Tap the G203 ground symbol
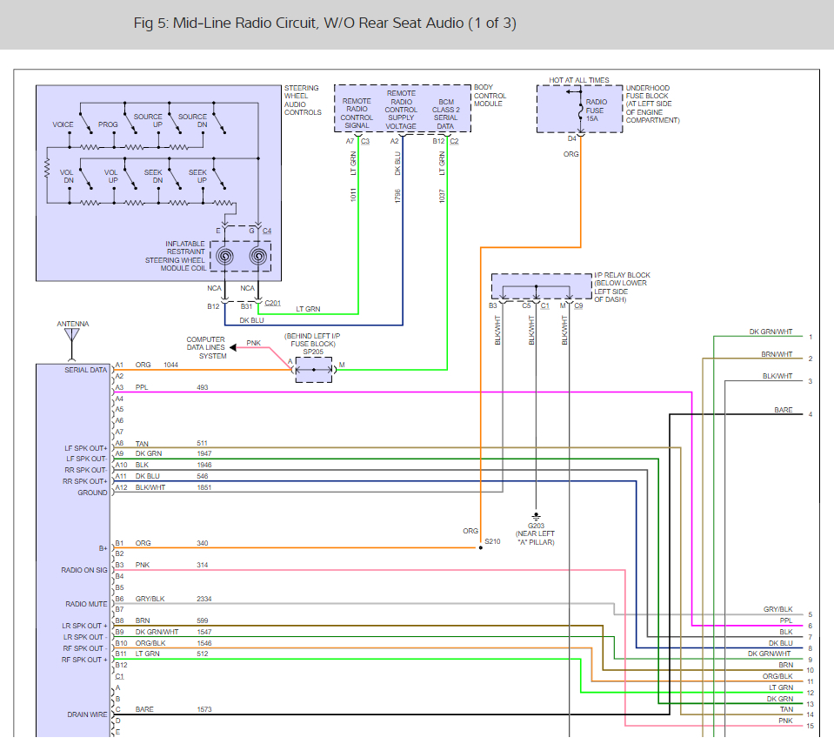coord(536,516)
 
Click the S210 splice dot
coord(481,547)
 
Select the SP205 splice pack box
coord(314,369)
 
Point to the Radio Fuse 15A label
coord(595,111)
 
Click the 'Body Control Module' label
coord(490,95)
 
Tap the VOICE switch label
coord(63,124)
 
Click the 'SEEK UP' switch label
coord(198,176)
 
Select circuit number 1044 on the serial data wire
coord(170,365)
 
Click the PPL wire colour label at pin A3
coord(142,387)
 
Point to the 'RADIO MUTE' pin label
coord(86,604)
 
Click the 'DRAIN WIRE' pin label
coord(87,714)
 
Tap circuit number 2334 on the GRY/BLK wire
coord(203,599)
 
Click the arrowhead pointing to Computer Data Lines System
coord(233,347)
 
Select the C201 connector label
coord(272,303)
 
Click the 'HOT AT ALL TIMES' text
coord(578,80)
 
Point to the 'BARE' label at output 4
coord(783,410)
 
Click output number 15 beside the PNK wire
coord(810,726)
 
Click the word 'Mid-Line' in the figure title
coord(202,23)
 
